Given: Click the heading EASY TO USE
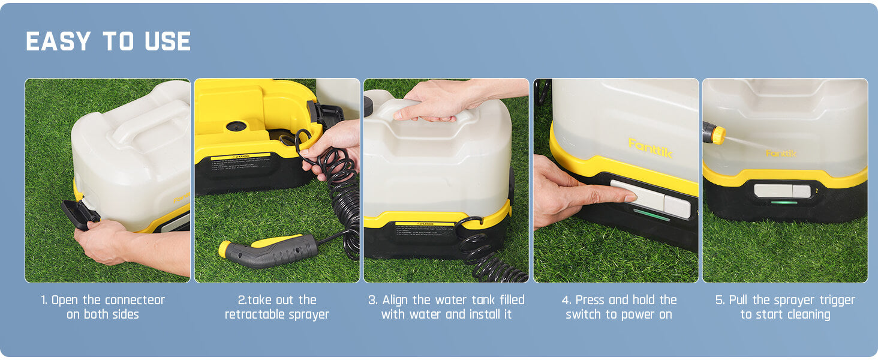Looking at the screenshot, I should point(109,42).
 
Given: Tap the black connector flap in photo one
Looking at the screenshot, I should point(79,214).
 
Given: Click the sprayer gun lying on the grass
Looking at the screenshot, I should point(270,250).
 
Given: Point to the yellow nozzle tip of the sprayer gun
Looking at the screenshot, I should point(225,248).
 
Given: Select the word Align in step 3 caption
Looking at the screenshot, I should point(396,300).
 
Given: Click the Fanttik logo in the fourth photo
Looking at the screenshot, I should point(650,147).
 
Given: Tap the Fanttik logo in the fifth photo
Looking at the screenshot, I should point(781,154).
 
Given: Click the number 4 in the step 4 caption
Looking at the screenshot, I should point(566,300).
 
